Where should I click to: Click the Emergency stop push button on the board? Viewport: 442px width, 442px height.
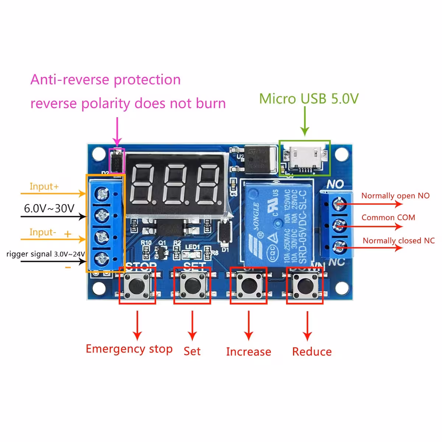(137, 285)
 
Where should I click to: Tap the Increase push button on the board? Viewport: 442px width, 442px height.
(249, 285)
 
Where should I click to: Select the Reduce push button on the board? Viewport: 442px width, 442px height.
(305, 285)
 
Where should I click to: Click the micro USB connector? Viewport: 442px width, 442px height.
(304, 158)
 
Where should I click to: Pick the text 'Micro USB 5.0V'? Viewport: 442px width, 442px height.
(309, 99)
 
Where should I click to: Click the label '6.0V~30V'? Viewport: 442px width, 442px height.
(49, 208)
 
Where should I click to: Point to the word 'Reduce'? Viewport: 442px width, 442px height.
(312, 352)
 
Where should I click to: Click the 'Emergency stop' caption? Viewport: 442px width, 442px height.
(129, 349)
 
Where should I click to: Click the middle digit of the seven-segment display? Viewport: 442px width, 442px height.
(176, 184)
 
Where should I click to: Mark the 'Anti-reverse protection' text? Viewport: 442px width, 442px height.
(106, 80)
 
